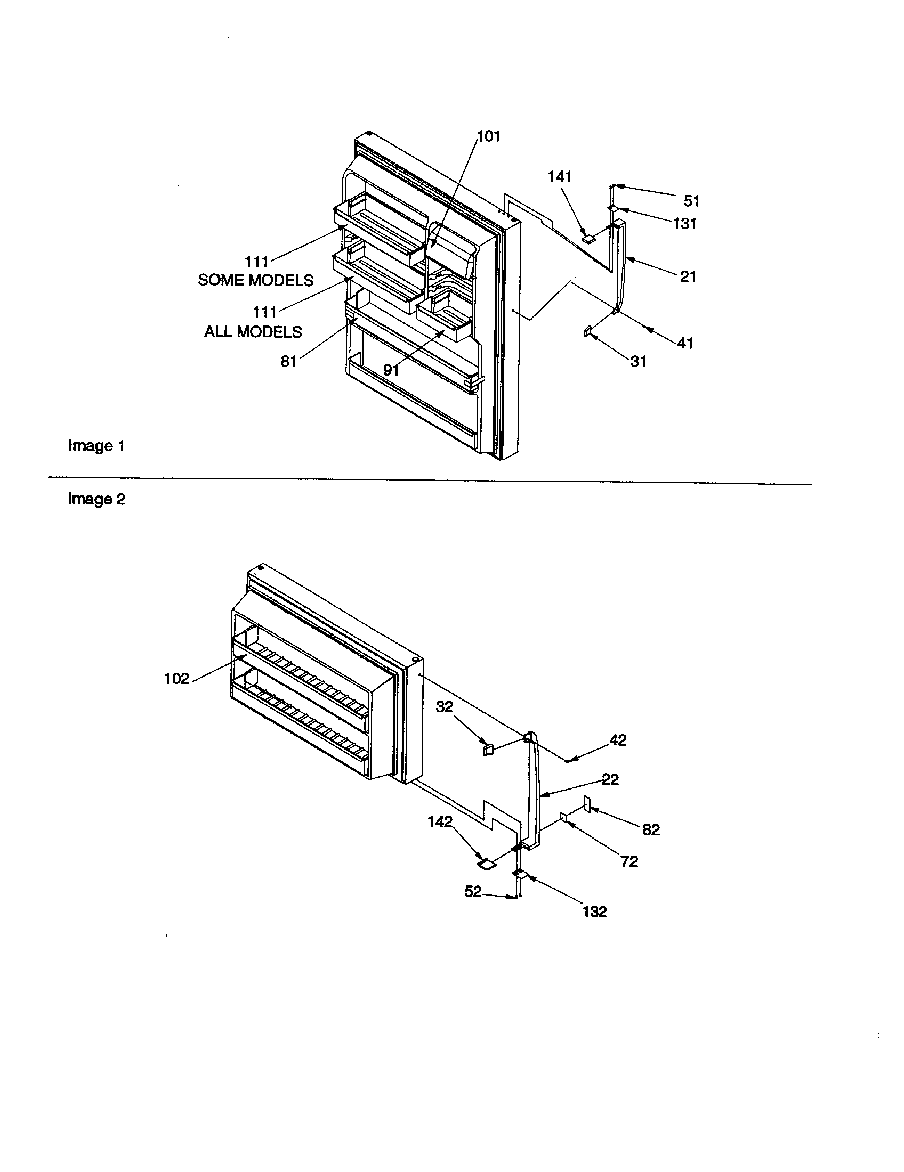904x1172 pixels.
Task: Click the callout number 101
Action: tap(488, 136)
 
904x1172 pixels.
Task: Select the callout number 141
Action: tap(560, 176)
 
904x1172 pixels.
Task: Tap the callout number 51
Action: tap(691, 201)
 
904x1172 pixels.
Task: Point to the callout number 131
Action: tap(685, 223)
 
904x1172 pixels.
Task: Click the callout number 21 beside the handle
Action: tap(688, 276)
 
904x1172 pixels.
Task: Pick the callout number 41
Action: tap(685, 343)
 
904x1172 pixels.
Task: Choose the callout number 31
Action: tap(638, 362)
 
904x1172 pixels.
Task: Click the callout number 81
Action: tap(289, 362)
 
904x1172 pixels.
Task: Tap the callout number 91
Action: tap(391, 370)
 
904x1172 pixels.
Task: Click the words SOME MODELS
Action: tap(255, 280)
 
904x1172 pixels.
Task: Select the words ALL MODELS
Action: tap(253, 332)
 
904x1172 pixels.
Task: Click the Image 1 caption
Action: tap(96, 446)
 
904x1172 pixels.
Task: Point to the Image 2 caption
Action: tap(96, 499)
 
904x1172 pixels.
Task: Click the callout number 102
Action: tap(177, 679)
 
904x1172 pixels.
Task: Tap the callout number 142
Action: tap(440, 821)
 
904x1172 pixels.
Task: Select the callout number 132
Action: tap(594, 911)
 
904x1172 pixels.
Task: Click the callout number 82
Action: tap(651, 829)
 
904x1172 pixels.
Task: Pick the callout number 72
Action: tap(629, 861)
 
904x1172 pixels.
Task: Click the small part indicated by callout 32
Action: tap(487, 750)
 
